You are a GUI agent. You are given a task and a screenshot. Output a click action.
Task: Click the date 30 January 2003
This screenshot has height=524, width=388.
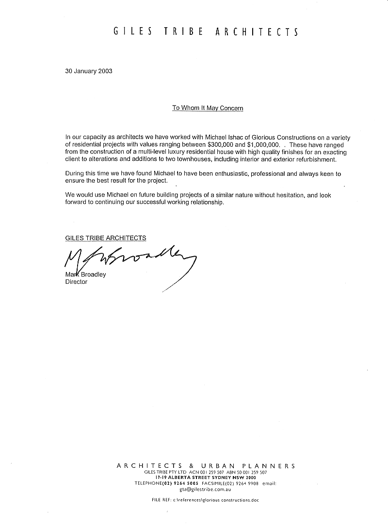[89, 71]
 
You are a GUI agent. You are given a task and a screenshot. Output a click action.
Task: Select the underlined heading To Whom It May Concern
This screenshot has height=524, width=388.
[208, 108]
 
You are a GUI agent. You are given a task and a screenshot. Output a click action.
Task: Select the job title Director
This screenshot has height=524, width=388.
[76, 282]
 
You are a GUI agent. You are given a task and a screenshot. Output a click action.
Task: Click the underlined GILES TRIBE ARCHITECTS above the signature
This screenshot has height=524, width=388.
[106, 238]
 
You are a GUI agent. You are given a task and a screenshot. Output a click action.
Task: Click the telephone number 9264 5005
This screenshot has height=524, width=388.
[185, 483]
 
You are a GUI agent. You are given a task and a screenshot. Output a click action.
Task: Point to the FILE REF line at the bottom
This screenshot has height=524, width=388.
[206, 500]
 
